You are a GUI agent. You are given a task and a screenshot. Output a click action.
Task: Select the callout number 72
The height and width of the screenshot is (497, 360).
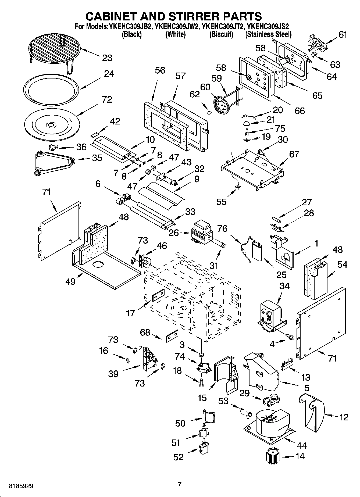tap(107, 99)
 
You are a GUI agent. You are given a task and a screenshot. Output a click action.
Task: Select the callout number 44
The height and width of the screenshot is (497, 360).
tap(302, 446)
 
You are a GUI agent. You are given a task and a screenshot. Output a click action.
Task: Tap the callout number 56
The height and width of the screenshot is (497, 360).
tap(160, 70)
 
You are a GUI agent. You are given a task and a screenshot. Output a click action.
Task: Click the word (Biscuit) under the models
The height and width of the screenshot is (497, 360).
tap(221, 34)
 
